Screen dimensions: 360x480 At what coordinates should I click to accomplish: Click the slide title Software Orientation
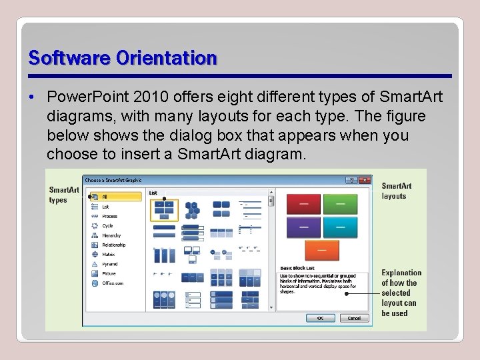(x=123, y=59)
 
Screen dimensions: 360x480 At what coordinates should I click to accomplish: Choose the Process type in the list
(x=109, y=216)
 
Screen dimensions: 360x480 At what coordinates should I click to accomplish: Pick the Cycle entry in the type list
(x=107, y=226)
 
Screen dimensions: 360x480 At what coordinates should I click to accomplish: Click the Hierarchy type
(x=111, y=235)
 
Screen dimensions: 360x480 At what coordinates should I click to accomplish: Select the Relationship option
(x=113, y=245)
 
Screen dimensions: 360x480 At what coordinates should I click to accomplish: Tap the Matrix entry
(x=108, y=254)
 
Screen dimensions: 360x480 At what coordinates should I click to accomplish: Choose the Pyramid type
(x=109, y=264)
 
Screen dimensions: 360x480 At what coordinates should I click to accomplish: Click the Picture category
(x=109, y=273)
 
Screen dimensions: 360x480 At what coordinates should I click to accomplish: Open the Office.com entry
(x=112, y=283)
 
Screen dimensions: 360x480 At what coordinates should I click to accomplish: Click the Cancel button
(x=354, y=318)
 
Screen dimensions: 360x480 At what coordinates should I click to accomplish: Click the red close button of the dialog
(x=365, y=180)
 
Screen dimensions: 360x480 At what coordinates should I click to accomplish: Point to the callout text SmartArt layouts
(x=397, y=191)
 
